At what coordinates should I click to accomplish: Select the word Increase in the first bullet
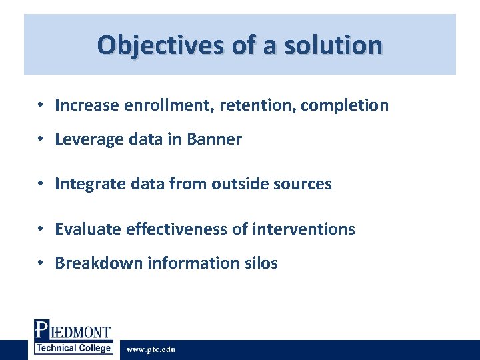[x=86, y=105]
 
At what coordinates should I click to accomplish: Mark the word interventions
[x=304, y=229]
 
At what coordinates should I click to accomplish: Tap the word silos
[x=261, y=263]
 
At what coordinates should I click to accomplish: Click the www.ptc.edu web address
[x=151, y=349]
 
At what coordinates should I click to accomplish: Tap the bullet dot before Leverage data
[x=41, y=140]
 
